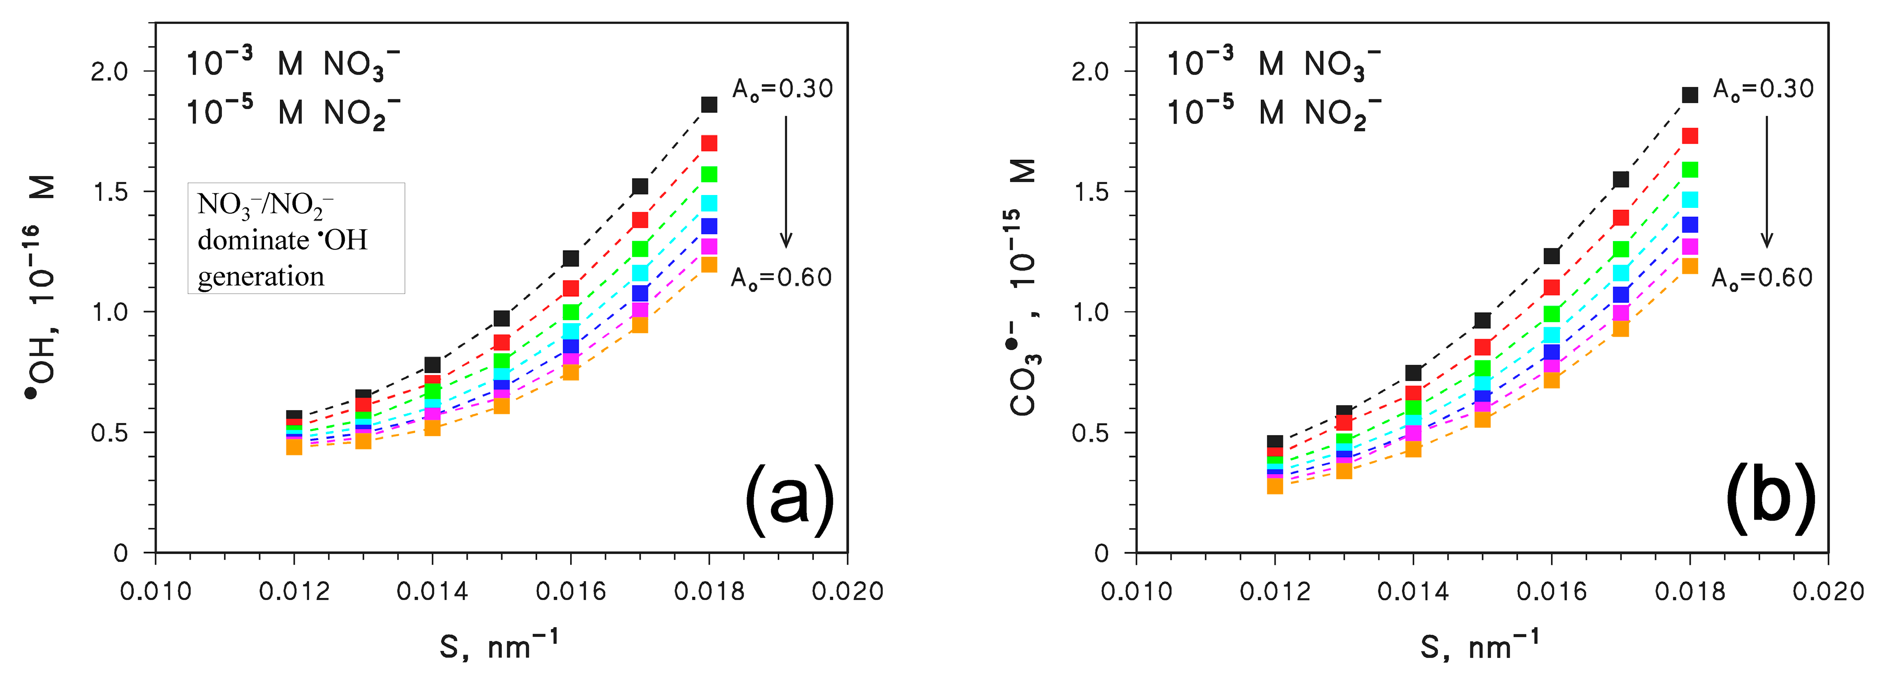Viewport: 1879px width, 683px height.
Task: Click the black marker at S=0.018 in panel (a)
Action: [709, 104]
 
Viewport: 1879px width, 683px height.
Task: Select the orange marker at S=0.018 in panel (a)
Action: [709, 264]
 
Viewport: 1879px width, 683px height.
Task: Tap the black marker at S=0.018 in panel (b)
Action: [1690, 94]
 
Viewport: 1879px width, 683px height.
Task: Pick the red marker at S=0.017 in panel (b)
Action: [1621, 217]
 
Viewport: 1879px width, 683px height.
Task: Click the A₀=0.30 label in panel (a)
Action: [783, 89]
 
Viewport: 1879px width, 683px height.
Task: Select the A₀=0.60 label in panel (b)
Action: [1762, 278]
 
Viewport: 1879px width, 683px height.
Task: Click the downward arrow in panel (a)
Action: [786, 182]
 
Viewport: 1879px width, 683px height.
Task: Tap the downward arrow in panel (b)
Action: [1767, 182]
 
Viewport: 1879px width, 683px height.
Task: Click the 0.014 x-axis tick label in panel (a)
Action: [432, 591]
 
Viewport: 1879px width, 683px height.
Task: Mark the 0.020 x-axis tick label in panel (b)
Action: [1828, 591]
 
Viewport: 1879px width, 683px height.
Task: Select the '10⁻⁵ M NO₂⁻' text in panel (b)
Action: [1274, 113]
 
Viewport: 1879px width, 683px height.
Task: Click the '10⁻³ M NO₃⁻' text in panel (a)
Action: [292, 64]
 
